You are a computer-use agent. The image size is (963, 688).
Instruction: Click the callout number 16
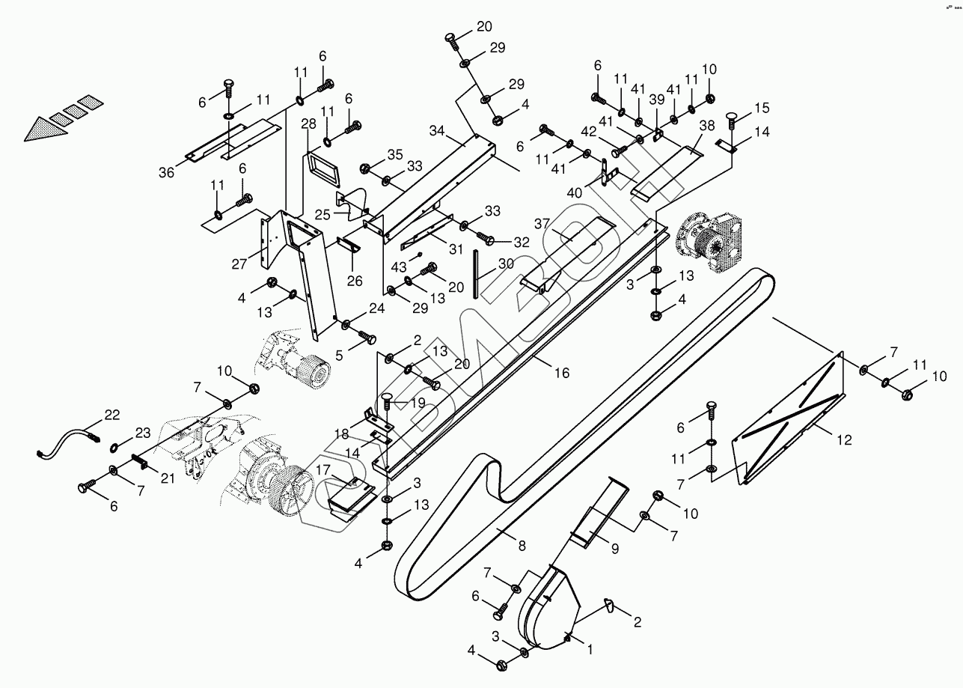click(562, 373)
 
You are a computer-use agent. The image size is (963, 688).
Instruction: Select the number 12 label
click(843, 440)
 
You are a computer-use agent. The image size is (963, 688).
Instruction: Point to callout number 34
click(436, 131)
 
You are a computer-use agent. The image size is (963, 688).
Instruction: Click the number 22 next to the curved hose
click(112, 415)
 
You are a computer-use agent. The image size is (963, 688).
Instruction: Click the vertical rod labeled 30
click(475, 275)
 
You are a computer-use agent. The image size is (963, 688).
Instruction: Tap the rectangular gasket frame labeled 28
click(322, 172)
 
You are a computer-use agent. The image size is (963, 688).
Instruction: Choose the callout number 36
click(166, 172)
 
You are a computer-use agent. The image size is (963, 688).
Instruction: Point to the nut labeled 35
click(367, 168)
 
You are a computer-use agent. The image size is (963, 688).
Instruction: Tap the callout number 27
click(239, 264)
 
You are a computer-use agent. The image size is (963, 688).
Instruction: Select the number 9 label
click(614, 549)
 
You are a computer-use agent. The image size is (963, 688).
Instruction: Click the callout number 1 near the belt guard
click(590, 650)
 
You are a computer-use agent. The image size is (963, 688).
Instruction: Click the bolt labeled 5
click(367, 339)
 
